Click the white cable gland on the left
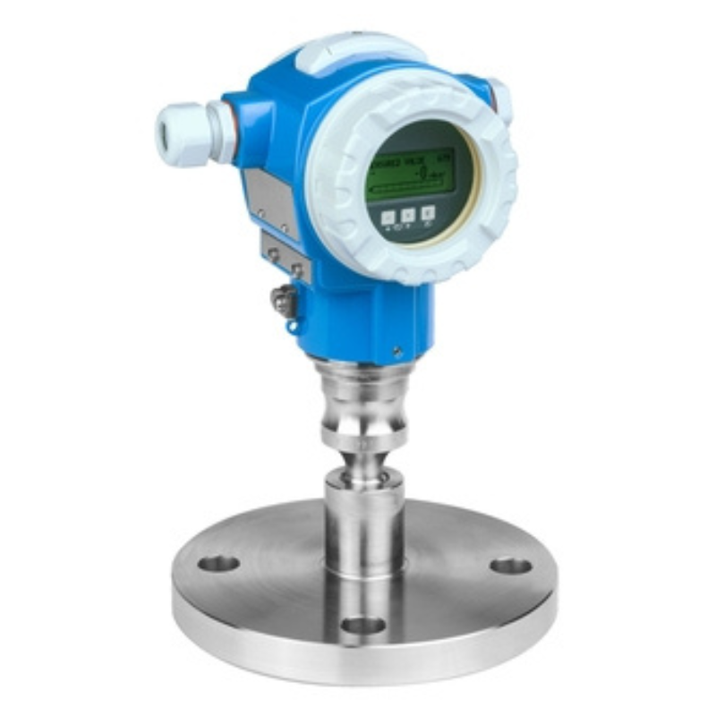(x=179, y=134)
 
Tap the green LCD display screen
(x=411, y=179)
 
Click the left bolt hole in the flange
(x=218, y=564)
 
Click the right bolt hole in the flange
(x=510, y=566)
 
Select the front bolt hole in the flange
(x=363, y=625)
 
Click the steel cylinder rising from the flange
(x=363, y=519)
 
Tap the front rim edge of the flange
(x=358, y=662)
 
